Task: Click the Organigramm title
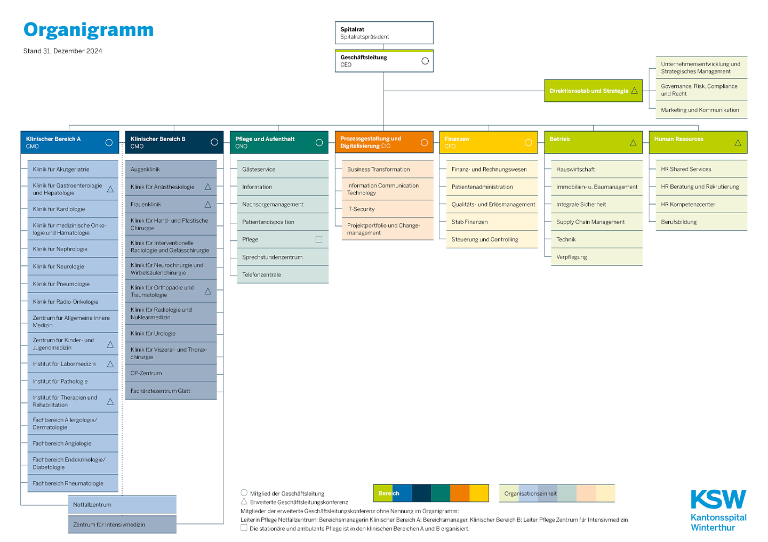point(89,30)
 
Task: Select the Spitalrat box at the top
point(384,33)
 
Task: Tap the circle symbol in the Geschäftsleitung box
point(425,61)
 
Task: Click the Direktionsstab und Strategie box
point(593,91)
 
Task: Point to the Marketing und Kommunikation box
point(701,110)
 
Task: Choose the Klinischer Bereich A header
point(69,142)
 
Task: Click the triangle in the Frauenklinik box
point(208,205)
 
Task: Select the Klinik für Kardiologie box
point(73,209)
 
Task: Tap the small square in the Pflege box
point(319,239)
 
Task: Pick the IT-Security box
point(387,209)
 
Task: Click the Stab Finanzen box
point(492,222)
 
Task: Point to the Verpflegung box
point(597,257)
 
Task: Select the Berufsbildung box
point(701,222)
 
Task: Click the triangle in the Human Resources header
point(738,143)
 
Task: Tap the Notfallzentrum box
point(122,504)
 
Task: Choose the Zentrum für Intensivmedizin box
point(122,524)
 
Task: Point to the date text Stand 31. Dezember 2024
point(63,51)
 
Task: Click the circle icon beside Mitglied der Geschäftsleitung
point(244,492)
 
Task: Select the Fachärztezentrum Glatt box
point(171,391)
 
